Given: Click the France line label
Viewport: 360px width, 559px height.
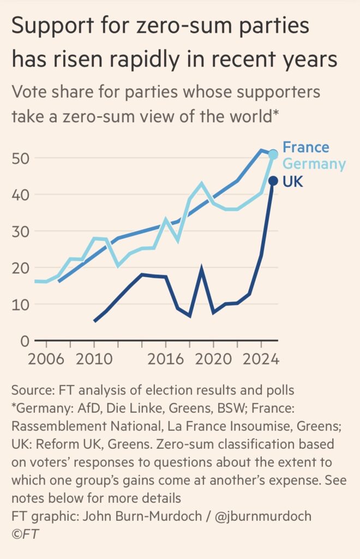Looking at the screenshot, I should (x=305, y=147).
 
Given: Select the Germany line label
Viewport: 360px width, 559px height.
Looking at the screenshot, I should (x=314, y=164).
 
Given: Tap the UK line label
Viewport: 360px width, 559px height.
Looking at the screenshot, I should (x=293, y=181).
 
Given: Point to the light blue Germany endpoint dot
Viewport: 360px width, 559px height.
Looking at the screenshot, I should (x=274, y=155).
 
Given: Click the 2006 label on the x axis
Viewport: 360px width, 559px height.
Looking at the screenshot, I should (x=46, y=361).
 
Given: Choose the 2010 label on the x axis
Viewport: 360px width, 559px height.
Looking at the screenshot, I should (x=94, y=361).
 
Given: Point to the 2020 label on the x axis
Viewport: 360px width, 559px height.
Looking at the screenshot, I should (x=213, y=361).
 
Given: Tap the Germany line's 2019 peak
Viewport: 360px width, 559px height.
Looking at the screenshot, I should (x=202, y=183).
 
